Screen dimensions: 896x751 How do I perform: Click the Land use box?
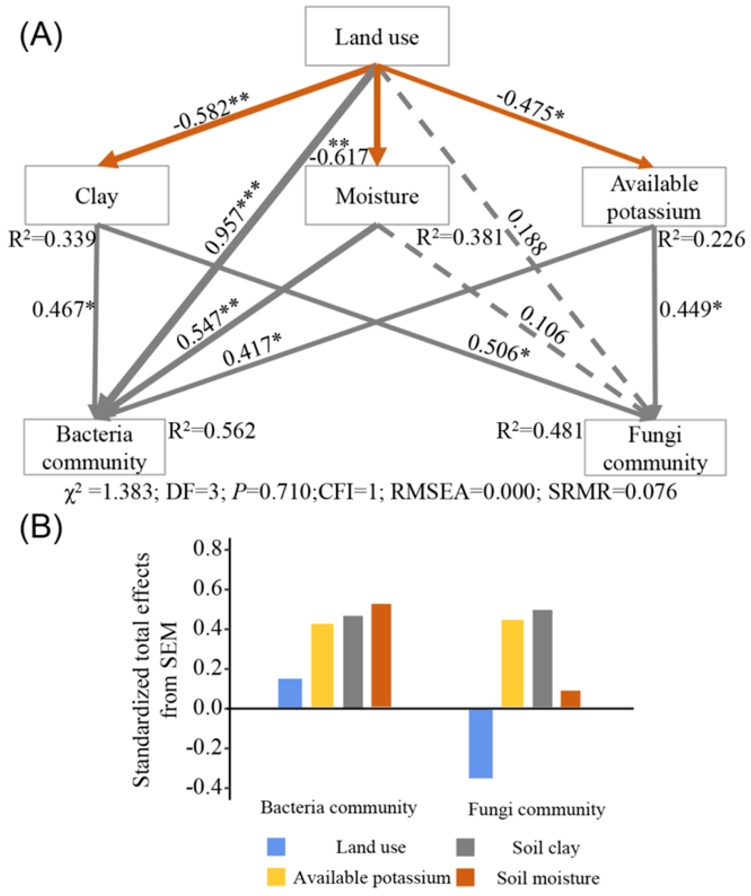pyautogui.click(x=377, y=37)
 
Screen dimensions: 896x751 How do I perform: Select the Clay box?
pyautogui.click(x=97, y=195)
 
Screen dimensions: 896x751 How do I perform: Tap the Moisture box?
pyautogui.click(x=377, y=195)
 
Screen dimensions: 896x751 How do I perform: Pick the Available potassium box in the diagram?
pyautogui.click(x=654, y=196)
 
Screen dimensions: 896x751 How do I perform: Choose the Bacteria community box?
pyautogui.click(x=94, y=447)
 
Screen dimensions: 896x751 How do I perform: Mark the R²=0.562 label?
pyautogui.click(x=212, y=431)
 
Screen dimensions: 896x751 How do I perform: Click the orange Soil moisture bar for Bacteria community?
pyautogui.click(x=381, y=656)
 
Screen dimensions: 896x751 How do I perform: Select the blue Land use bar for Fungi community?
pyautogui.click(x=480, y=743)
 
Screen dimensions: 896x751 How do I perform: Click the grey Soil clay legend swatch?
pyautogui.click(x=465, y=847)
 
